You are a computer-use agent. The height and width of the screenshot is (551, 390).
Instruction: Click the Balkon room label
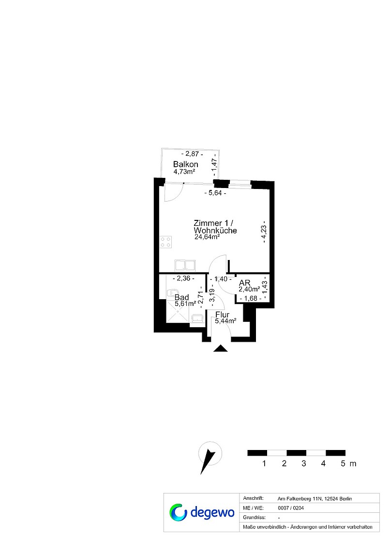click(185, 164)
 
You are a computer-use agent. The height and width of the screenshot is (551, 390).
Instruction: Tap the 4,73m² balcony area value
click(184, 172)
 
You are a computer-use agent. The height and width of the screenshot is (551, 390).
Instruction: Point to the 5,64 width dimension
click(215, 192)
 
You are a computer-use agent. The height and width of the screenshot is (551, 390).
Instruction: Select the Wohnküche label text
click(215, 231)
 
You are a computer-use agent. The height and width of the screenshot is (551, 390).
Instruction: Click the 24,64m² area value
click(207, 237)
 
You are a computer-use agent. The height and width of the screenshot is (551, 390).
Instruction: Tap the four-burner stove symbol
click(165, 242)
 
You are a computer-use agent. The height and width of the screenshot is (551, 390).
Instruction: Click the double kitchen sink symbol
click(185, 265)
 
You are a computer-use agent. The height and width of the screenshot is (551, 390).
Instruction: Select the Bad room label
click(182, 297)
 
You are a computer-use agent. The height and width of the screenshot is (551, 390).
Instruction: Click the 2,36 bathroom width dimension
click(183, 278)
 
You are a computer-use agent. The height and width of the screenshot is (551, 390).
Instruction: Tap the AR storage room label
click(244, 283)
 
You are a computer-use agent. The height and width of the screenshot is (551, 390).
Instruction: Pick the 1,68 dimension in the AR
click(251, 299)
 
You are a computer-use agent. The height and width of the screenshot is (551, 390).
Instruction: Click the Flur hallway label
click(222, 315)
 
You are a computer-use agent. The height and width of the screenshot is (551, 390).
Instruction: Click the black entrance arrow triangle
click(221, 348)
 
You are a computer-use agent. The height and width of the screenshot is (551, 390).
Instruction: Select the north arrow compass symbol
click(209, 457)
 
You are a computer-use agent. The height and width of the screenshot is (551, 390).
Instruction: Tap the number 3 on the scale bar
click(303, 464)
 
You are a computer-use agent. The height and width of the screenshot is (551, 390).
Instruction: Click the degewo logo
click(201, 512)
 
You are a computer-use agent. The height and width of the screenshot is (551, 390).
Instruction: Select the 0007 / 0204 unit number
click(291, 508)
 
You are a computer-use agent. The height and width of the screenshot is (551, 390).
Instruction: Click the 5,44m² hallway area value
click(225, 321)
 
